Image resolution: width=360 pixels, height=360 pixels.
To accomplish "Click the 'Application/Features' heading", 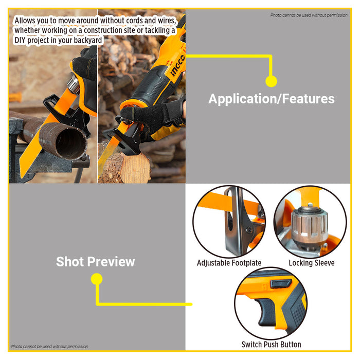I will pyautogui.click(x=271, y=99).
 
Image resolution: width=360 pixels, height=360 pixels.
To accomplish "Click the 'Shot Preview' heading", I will pyautogui.click(x=95, y=261).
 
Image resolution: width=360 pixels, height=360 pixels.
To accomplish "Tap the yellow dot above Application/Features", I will pyautogui.click(x=271, y=81).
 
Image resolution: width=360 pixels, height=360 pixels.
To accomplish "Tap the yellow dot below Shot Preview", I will pyautogui.click(x=96, y=279).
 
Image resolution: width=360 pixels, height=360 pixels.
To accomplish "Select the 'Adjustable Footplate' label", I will pyautogui.click(x=229, y=263).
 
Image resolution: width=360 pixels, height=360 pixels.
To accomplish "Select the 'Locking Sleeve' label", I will pyautogui.click(x=311, y=263).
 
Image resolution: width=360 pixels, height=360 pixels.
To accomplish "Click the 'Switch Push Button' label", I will pyautogui.click(x=271, y=344).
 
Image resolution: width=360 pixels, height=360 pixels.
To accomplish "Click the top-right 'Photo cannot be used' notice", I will pyautogui.click(x=309, y=15).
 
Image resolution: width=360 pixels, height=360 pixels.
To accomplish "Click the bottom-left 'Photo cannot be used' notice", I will pyautogui.click(x=49, y=346).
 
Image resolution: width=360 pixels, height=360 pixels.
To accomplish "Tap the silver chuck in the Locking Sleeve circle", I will pyautogui.click(x=308, y=223).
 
